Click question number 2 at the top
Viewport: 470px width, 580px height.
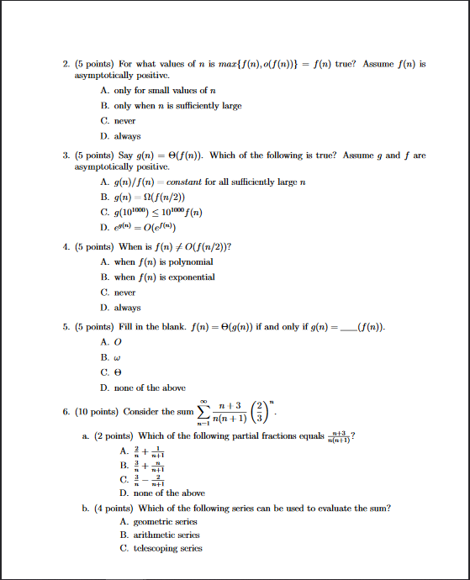[x=66, y=63]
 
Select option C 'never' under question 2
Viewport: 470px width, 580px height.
[x=118, y=121]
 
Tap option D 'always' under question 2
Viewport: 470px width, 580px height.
[x=119, y=136]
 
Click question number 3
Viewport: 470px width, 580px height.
[x=66, y=156]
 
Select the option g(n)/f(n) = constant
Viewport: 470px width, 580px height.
[x=202, y=182]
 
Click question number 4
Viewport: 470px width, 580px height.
[x=66, y=247]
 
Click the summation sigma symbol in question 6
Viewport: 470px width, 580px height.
[x=203, y=411]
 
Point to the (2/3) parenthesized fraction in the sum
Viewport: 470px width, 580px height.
[x=261, y=410]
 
